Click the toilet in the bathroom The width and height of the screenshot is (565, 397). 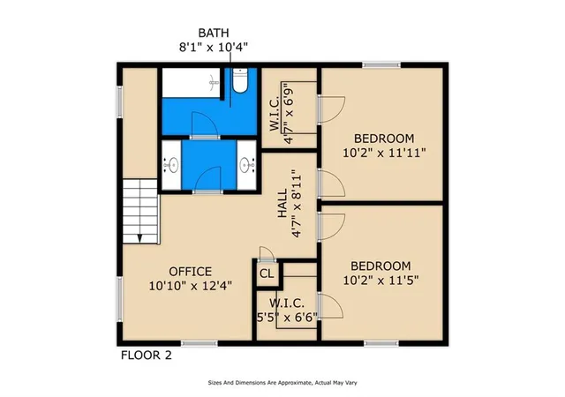tap(239, 80)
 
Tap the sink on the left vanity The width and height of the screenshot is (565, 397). tap(173, 165)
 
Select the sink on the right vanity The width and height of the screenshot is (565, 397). tap(245, 165)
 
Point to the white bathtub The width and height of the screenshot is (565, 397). tap(191, 83)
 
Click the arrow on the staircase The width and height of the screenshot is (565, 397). tap(139, 238)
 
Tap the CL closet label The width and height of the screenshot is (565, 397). tap(267, 273)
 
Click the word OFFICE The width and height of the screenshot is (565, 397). tap(191, 271)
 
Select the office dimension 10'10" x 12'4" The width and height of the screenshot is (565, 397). tap(191, 286)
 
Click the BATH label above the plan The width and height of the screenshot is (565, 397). tap(214, 33)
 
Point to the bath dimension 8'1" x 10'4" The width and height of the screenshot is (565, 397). tap(214, 47)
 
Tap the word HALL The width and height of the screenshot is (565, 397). tap(282, 203)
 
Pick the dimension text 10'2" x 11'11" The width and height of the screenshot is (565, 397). tap(384, 154)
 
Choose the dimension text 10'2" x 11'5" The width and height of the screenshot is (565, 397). tap(380, 281)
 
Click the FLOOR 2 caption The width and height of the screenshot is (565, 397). tap(147, 356)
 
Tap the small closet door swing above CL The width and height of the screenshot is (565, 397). tap(267, 253)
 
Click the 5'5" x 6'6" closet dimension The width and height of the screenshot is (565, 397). tap(287, 318)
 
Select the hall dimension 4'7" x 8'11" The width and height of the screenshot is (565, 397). tap(297, 204)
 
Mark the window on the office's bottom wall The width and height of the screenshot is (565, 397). tap(199, 344)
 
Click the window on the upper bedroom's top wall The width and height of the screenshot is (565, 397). tap(381, 65)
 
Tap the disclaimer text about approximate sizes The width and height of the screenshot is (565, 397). tap(282, 383)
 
